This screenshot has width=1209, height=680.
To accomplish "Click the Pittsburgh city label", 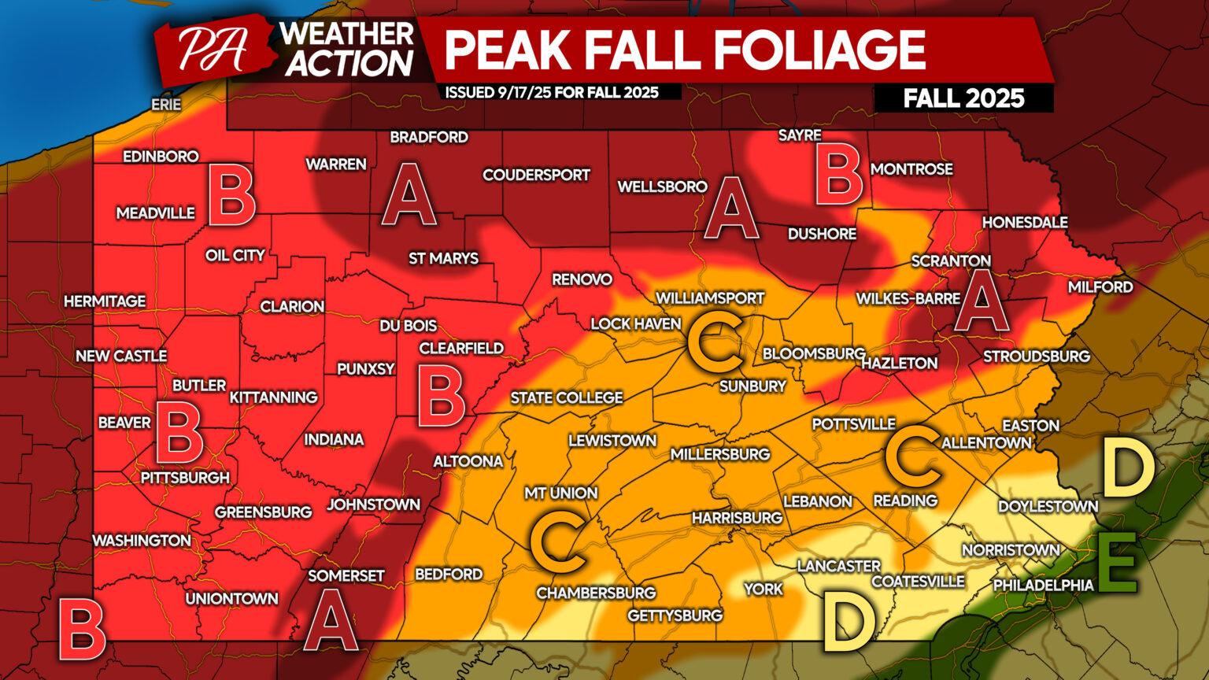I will pyautogui.click(x=185, y=478).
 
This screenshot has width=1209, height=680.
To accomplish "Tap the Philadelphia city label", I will pyautogui.click(x=1043, y=585).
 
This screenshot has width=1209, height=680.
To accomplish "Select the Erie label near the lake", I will pyautogui.click(x=166, y=104).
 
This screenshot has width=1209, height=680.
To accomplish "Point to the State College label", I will pyautogui.click(x=567, y=398).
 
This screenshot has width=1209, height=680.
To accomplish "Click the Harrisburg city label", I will pyautogui.click(x=737, y=517).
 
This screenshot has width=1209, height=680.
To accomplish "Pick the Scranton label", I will pyautogui.click(x=951, y=261).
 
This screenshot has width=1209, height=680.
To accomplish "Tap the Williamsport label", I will pyautogui.click(x=710, y=298).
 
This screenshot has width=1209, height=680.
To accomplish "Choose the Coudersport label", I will pyautogui.click(x=536, y=175).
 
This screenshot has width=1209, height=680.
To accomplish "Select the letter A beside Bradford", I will pyautogui.click(x=409, y=194).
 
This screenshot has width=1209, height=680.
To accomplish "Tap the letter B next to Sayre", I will pyautogui.click(x=839, y=176).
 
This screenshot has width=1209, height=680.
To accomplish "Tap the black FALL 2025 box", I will pyautogui.click(x=963, y=98).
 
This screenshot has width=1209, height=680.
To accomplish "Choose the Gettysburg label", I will pyautogui.click(x=675, y=615).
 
